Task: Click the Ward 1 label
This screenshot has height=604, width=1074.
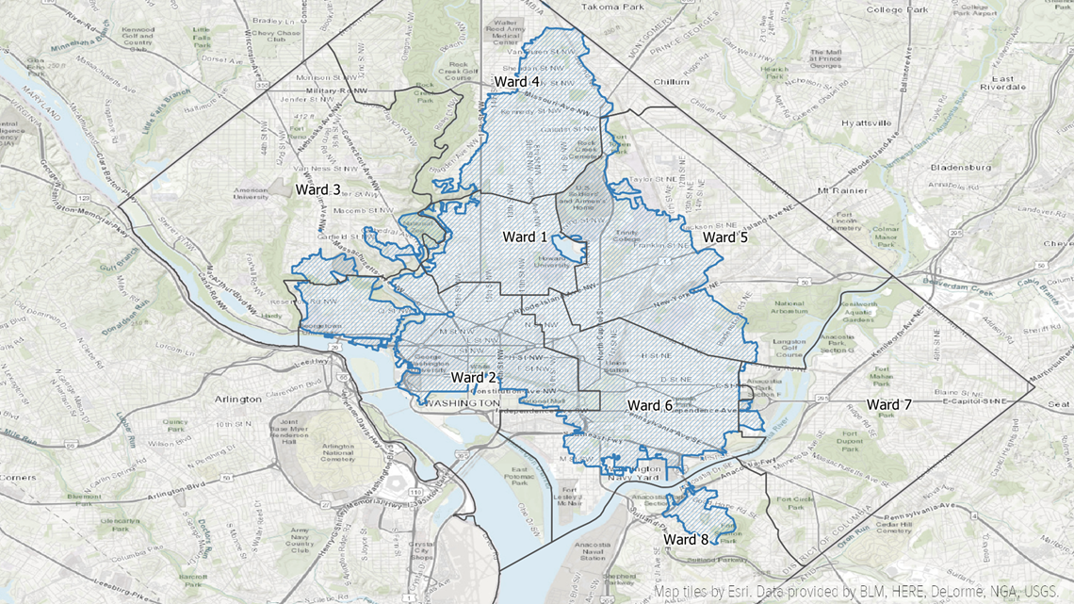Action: (525, 236)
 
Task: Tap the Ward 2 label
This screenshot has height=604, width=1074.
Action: (474, 378)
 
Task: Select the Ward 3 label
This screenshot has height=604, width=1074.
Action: (318, 189)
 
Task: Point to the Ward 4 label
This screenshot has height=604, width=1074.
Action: (516, 82)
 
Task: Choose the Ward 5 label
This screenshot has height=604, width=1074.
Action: (725, 237)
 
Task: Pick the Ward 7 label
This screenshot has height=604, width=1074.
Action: (888, 404)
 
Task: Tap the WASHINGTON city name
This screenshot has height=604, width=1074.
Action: (463, 402)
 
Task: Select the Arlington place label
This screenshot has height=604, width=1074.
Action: (237, 399)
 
